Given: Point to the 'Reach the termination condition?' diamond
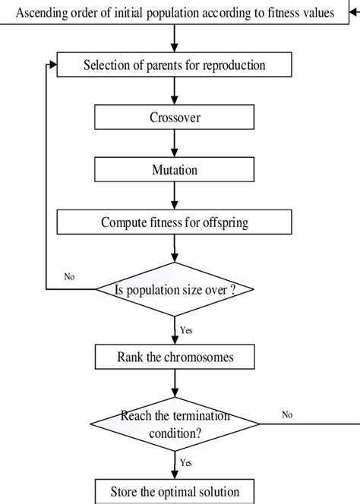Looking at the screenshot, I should [x=175, y=423].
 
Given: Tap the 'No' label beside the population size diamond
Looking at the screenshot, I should [x=69, y=277].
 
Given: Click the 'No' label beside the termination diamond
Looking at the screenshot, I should [x=287, y=414].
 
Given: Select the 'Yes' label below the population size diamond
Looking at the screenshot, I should [x=186, y=330].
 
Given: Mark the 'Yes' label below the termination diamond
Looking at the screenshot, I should [x=186, y=462].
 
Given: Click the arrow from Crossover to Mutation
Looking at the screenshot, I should [x=175, y=143].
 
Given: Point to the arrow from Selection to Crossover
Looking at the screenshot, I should [x=175, y=91].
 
